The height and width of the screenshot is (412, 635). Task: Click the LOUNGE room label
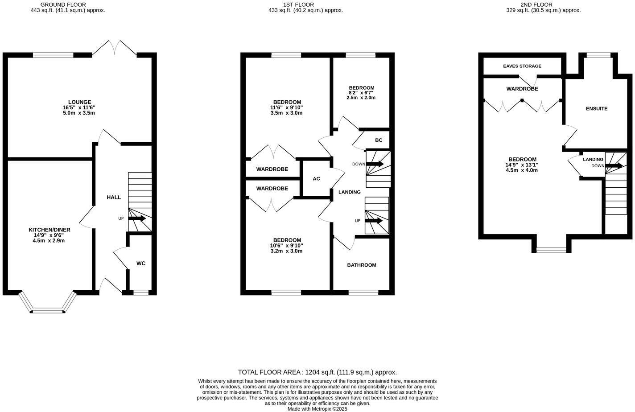tap(79, 102)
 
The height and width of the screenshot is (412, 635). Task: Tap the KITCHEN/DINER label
tap(49, 230)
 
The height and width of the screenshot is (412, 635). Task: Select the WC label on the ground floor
tap(141, 264)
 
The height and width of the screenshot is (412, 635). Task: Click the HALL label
tap(114, 197)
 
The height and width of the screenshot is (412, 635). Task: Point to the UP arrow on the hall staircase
tap(137, 218)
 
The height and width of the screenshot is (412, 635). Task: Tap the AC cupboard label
tap(316, 179)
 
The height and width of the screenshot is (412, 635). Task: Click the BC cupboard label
tap(379, 140)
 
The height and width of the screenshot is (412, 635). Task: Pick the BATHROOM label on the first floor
tap(362, 265)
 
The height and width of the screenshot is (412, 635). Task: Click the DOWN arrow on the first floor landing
tap(375, 164)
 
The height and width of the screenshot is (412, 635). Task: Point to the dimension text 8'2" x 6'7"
tap(361, 93)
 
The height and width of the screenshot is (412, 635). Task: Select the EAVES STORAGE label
tap(522, 66)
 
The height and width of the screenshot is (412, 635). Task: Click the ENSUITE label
tap(596, 108)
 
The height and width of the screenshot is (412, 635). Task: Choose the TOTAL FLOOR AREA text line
tap(317, 372)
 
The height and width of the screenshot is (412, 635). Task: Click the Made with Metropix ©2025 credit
tap(317, 408)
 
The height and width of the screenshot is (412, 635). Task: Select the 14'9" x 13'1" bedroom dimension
tap(522, 165)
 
